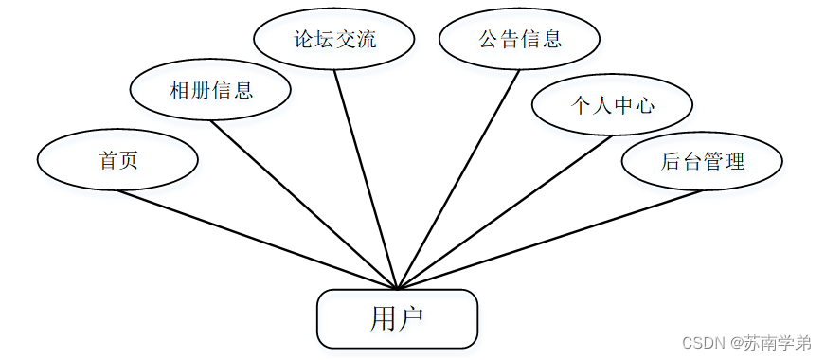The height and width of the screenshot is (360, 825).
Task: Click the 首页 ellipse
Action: pyautogui.click(x=118, y=160)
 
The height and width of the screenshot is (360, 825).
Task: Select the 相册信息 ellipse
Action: pyautogui.click(x=210, y=90)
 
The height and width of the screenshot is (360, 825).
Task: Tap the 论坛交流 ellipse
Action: pyautogui.click(x=334, y=40)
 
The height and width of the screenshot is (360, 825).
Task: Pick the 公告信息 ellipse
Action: pyautogui.click(x=520, y=40)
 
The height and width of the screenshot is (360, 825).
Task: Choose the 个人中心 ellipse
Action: pyautogui.click(x=612, y=105)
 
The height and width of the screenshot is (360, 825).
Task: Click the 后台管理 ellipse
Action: pyautogui.click(x=702, y=161)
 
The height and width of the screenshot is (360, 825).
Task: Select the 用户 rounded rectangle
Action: pyautogui.click(x=397, y=318)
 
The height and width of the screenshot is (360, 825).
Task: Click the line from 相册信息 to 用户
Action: pyautogui.click(x=303, y=203)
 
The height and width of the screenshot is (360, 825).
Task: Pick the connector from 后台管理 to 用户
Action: pyautogui.click(x=549, y=240)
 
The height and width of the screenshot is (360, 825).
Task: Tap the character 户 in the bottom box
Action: pyautogui.click(x=410, y=318)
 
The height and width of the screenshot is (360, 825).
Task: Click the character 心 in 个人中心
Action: pyautogui.click(x=644, y=105)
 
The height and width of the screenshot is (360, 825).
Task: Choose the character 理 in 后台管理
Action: pyautogui.click(x=734, y=161)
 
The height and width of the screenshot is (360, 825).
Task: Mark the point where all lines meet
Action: pyautogui.click(x=398, y=288)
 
